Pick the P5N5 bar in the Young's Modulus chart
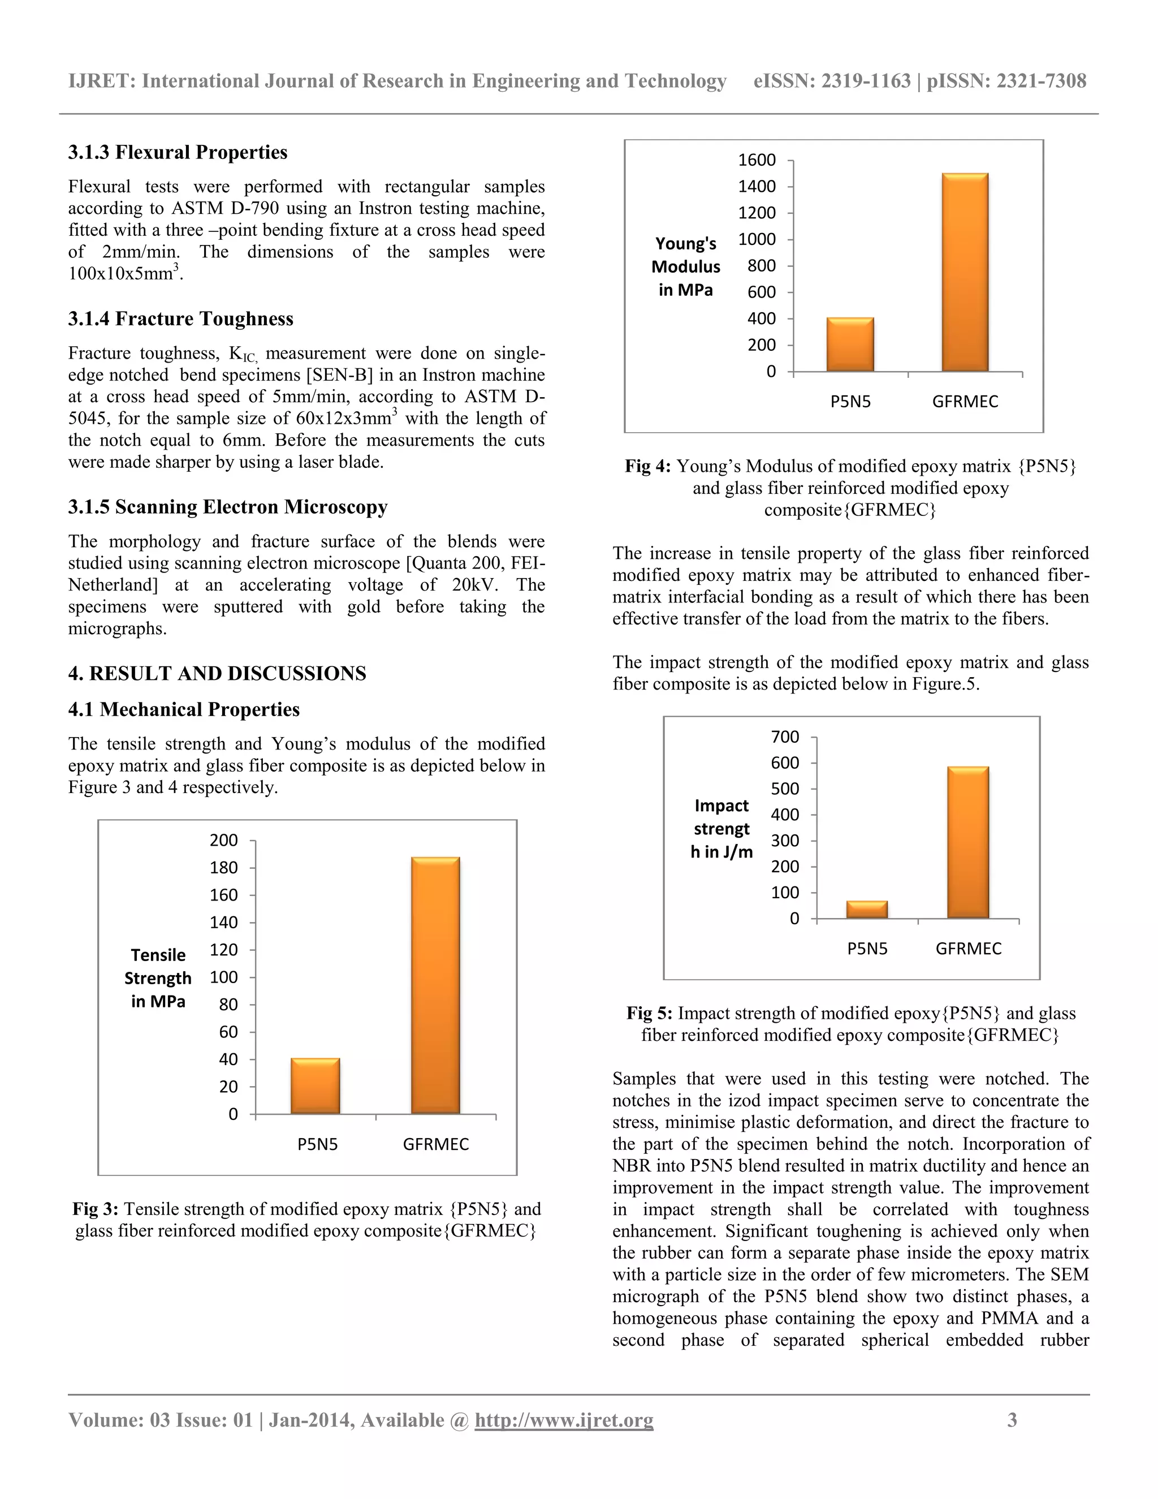850,344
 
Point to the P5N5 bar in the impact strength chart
866,910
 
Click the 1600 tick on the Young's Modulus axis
757,160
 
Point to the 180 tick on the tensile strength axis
224,868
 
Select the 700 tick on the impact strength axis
785,736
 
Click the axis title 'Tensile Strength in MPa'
158,978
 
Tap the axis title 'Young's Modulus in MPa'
685,266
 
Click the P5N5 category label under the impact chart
867,949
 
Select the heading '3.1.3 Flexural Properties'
178,152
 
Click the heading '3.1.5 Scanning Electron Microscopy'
228,507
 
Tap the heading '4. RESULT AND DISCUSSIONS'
217,673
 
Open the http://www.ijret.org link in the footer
564,1419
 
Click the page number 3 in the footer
1012,1419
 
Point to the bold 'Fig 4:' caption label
647,467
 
